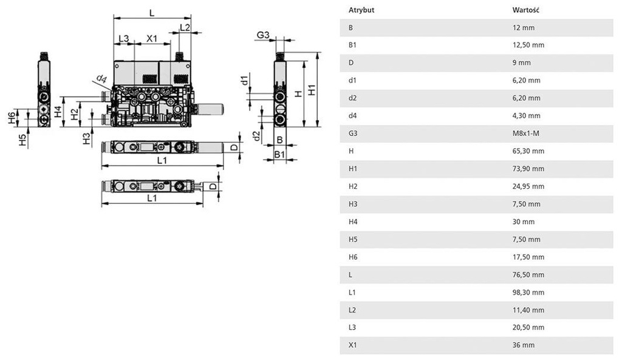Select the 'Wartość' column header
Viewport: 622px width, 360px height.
(527, 10)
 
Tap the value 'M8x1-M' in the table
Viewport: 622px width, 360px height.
(526, 134)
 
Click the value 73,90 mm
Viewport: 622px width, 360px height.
(528, 169)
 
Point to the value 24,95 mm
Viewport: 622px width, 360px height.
(528, 186)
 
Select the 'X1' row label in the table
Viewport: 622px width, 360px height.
(353, 345)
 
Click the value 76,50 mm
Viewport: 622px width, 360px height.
(528, 274)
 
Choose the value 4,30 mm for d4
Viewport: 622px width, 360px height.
(527, 116)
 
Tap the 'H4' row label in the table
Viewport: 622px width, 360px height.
(353, 222)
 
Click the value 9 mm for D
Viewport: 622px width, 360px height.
(522, 63)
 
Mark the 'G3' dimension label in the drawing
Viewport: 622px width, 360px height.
(263, 36)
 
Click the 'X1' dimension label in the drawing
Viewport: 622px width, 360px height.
(152, 39)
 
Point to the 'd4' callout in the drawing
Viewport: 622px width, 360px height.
(101, 79)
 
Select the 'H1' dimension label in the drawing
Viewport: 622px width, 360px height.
(312, 90)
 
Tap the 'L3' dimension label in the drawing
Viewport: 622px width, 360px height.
(123, 39)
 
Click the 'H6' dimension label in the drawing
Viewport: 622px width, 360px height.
(12, 118)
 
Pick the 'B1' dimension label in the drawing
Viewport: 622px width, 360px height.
(279, 155)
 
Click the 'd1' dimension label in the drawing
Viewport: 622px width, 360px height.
(244, 80)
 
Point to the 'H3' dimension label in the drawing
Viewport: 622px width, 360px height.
(86, 138)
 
